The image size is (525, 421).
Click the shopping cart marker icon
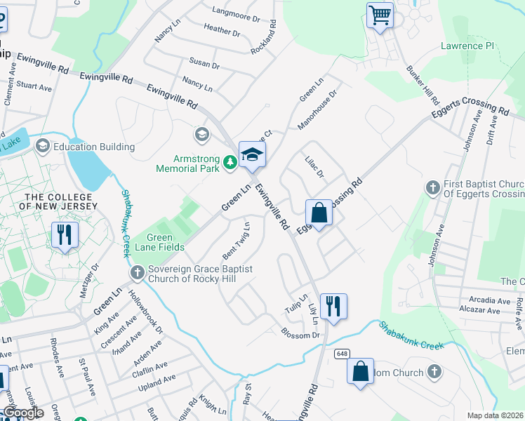tap(380, 15)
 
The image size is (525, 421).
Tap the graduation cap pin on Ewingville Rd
tap(252, 154)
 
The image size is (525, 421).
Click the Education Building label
tap(94, 147)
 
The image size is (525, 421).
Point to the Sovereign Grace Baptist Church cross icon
tap(136, 272)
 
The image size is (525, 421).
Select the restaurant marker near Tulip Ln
tap(333, 306)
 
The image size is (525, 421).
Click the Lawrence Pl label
tap(467, 46)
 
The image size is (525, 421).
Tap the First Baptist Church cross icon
tap(433, 187)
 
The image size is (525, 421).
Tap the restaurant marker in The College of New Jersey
tap(65, 234)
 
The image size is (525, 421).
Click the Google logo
tap(22, 413)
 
